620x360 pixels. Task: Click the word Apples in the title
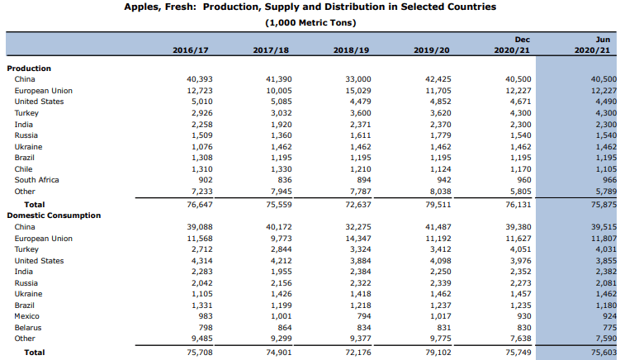coord(140,7)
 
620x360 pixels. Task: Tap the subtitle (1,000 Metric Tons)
coord(310,23)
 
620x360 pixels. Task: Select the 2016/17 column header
coord(191,50)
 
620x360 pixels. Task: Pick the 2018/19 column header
coord(351,50)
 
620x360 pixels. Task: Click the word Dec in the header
coord(523,40)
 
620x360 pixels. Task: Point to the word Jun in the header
coord(603,40)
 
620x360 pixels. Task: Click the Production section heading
coord(29,69)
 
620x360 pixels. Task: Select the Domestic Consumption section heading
coord(54,216)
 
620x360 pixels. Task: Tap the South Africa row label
coord(37,180)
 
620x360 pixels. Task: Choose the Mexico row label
coord(27,316)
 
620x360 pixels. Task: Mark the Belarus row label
coord(28,328)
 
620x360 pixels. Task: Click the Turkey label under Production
coord(26,113)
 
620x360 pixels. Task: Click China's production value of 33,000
coord(358,79)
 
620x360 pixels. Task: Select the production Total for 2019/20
coord(438,205)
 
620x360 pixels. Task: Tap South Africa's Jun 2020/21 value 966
coord(609,180)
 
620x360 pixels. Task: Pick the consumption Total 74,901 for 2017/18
coord(279,353)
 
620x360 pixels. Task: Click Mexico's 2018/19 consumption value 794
coord(364,316)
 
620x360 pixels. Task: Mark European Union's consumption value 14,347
coord(358,239)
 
